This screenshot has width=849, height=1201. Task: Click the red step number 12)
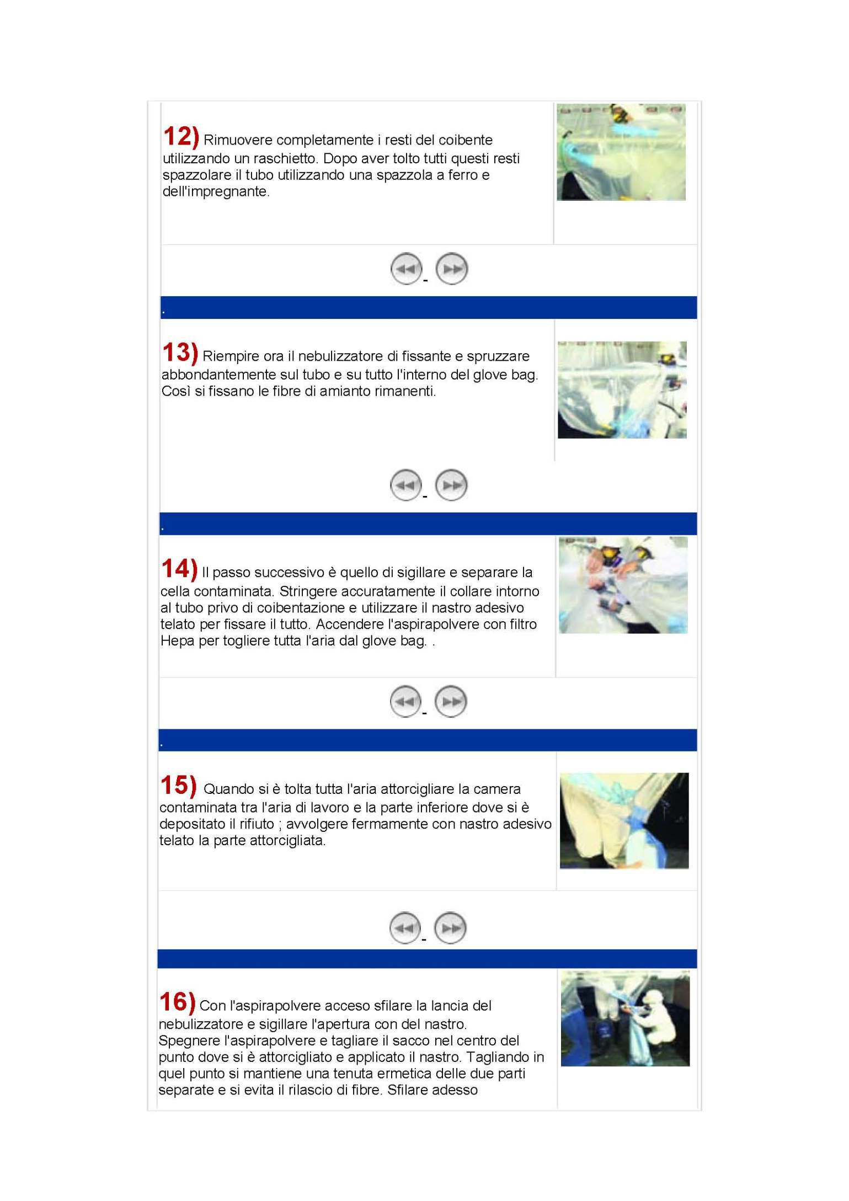coord(180,136)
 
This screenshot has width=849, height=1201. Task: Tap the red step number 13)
coord(180,353)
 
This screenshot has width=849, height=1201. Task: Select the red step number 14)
coord(179,569)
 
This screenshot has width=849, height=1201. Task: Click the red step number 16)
coord(177,1002)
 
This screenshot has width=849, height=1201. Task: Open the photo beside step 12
coord(621,152)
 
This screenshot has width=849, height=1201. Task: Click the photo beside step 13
coord(622,389)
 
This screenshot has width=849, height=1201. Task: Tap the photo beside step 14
coord(623,585)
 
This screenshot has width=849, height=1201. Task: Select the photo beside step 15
coord(624,820)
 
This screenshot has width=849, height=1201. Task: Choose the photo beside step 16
coord(625,1018)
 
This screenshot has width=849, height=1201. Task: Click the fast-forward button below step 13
coord(451,485)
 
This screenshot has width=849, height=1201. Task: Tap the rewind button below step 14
coord(405,701)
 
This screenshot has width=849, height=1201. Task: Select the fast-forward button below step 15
coord(450,927)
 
